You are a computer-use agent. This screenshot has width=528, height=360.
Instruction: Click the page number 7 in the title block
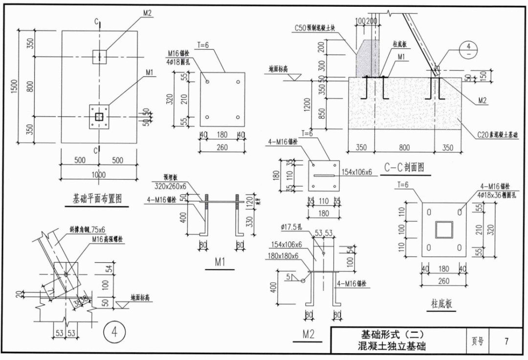click(x=506, y=341)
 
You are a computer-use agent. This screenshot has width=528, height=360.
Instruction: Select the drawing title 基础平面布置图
click(x=97, y=199)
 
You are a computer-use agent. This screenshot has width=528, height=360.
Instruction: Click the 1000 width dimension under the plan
click(x=98, y=175)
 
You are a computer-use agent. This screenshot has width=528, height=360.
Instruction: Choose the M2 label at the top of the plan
click(x=148, y=13)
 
